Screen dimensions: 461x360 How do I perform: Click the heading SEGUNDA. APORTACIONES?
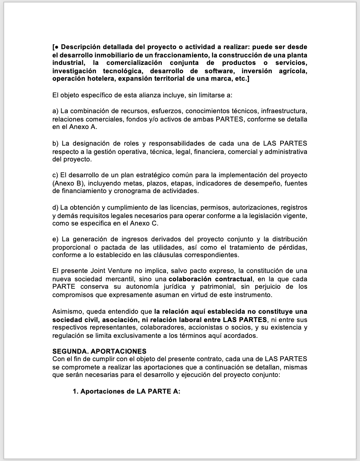pyautogui.click(x=99, y=352)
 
